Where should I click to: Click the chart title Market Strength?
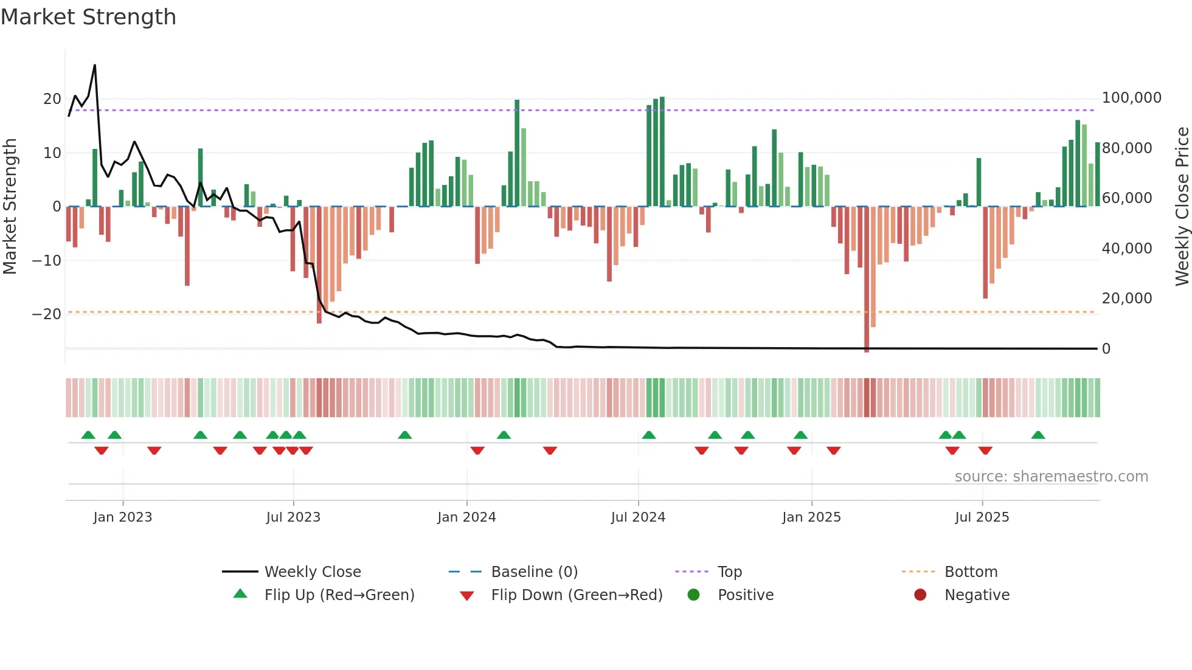pyautogui.click(x=89, y=17)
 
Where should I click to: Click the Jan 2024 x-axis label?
pyautogui.click(x=466, y=517)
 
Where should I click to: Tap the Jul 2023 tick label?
pyautogui.click(x=293, y=517)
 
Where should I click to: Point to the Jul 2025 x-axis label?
pyautogui.click(x=982, y=517)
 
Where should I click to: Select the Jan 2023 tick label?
pyautogui.click(x=123, y=517)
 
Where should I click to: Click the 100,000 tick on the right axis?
pyautogui.click(x=1131, y=98)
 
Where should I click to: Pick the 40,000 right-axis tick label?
pyautogui.click(x=1126, y=249)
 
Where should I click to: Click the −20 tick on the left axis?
pyautogui.click(x=46, y=314)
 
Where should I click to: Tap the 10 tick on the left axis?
pyautogui.click(x=52, y=153)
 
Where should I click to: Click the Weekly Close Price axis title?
pyautogui.click(x=1182, y=206)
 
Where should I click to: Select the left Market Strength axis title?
pyautogui.click(x=10, y=206)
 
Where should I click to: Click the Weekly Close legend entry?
pyautogui.click(x=313, y=572)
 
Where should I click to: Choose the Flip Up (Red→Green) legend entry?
pyautogui.click(x=339, y=595)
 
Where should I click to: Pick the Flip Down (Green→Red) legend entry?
pyautogui.click(x=577, y=595)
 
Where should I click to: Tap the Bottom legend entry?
pyautogui.click(x=971, y=572)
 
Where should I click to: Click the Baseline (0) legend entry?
pyautogui.click(x=534, y=572)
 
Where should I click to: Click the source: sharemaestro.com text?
pyautogui.click(x=1051, y=477)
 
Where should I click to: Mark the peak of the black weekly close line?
pyautogui.click(x=95, y=65)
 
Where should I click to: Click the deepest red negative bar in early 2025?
pyautogui.click(x=867, y=280)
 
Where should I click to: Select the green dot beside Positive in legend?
pyautogui.click(x=693, y=595)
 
